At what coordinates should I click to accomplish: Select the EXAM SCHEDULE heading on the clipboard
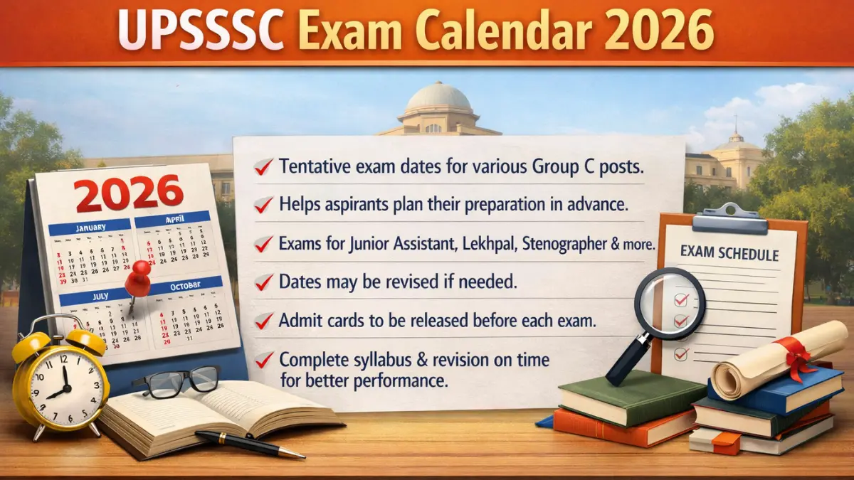coord(729,254)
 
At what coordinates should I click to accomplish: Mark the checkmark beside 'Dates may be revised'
coord(264,283)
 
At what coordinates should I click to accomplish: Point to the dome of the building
coord(438,100)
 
